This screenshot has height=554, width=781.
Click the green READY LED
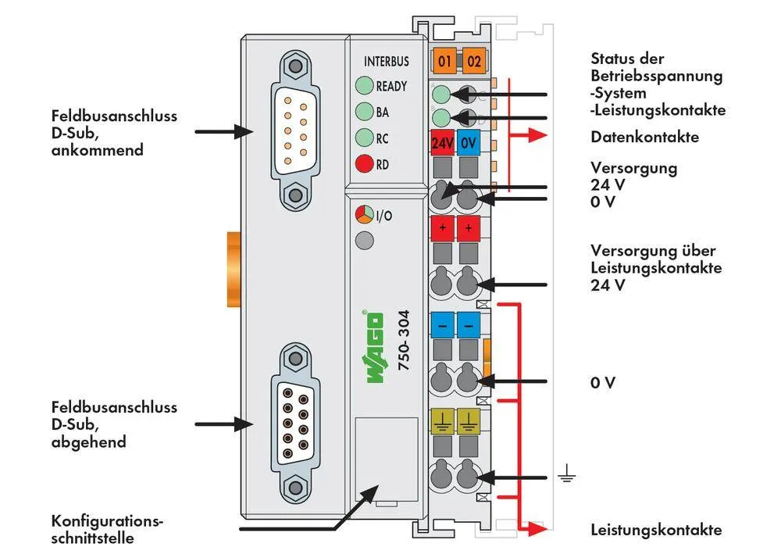tap(363, 86)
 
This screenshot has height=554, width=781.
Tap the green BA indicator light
tap(363, 112)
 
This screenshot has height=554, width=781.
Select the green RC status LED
tap(363, 138)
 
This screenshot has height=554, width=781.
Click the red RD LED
tap(363, 164)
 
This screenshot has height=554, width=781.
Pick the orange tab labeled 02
tap(473, 60)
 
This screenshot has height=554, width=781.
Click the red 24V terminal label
tap(443, 144)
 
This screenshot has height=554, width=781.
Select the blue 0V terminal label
tap(469, 144)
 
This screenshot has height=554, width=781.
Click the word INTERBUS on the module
tap(386, 61)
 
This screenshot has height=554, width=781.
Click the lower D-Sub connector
tap(294, 421)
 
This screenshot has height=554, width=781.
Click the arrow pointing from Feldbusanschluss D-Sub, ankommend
tap(223, 132)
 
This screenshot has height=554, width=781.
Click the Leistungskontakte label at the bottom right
tap(656, 530)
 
